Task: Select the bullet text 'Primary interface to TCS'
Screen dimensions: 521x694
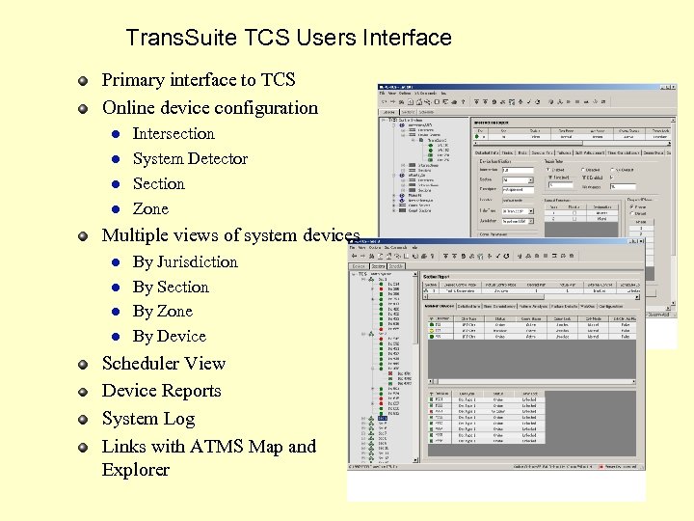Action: pyautogui.click(x=199, y=80)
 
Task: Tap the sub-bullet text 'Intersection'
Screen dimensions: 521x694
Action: pyautogui.click(x=173, y=134)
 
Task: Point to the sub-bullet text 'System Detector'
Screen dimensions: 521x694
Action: pyautogui.click(x=190, y=159)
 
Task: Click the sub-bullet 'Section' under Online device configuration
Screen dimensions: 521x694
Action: pyautogui.click(x=158, y=184)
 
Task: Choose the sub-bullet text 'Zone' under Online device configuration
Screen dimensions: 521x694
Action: pyautogui.click(x=150, y=209)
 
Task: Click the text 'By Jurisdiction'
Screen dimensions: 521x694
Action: pyautogui.click(x=185, y=262)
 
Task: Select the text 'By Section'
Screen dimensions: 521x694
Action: pyautogui.click(x=171, y=288)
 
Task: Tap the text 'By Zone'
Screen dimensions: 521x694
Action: pyautogui.click(x=163, y=312)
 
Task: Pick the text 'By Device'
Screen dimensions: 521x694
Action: pyautogui.click(x=170, y=337)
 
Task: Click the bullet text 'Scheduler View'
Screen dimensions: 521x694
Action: pyautogui.click(x=164, y=364)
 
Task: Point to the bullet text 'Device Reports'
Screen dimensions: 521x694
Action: pyautogui.click(x=162, y=392)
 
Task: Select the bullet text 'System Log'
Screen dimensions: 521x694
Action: pyautogui.click(x=148, y=420)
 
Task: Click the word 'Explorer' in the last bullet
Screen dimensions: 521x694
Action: pyautogui.click(x=136, y=471)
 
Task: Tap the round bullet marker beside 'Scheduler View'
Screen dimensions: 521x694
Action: pyautogui.click(x=85, y=365)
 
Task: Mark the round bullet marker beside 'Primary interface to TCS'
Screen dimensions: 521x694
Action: pyautogui.click(x=85, y=81)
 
